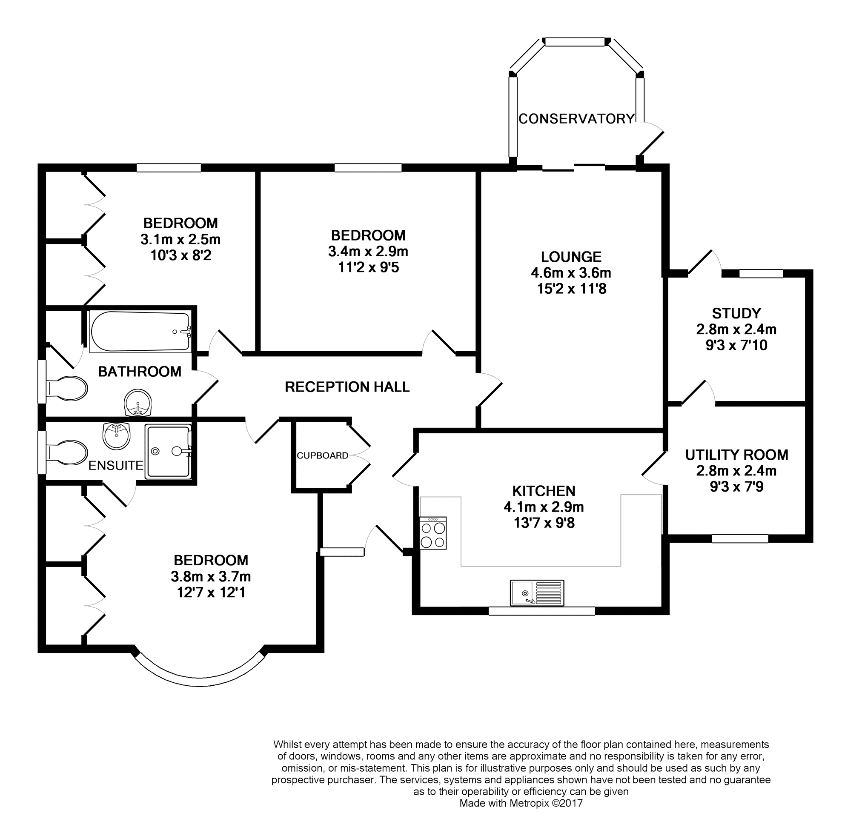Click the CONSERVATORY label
point(576,119)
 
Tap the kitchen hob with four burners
point(433,533)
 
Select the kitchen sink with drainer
point(537,593)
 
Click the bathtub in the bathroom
point(140,331)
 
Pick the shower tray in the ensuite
point(168,452)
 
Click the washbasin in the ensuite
point(116,435)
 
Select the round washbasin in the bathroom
point(138,401)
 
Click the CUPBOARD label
point(322,455)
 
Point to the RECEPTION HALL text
point(347,387)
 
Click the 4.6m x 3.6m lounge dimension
point(571,273)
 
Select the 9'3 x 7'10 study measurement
point(736,345)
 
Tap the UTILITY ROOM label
point(737,455)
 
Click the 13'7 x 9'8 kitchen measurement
point(544,523)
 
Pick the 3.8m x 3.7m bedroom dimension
point(211,576)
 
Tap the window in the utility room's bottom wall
point(740,538)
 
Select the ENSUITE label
point(116,465)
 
